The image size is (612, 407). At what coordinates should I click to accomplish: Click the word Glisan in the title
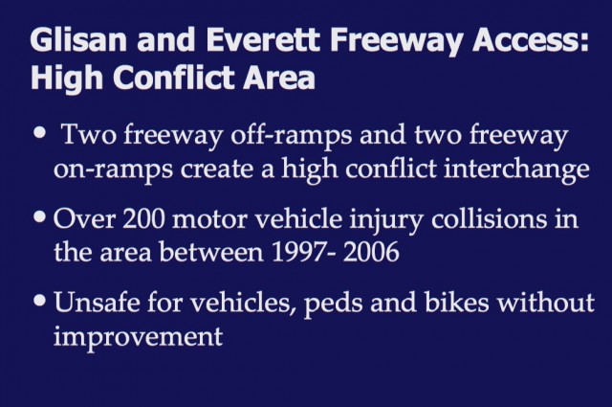tap(78, 39)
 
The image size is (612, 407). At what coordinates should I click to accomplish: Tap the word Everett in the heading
tap(263, 39)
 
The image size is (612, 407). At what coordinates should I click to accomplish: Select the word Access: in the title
tap(530, 40)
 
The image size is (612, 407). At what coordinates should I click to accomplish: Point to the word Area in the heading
tap(278, 77)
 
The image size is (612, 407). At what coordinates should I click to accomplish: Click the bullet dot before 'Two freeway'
tap(40, 132)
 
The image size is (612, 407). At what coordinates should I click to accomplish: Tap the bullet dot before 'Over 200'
tap(40, 216)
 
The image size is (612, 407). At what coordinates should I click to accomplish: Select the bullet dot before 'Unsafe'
tap(40, 301)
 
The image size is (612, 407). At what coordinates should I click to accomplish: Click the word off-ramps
tap(291, 135)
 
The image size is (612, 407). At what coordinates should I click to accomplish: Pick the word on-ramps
tap(113, 170)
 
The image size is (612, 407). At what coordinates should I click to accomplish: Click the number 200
tap(143, 219)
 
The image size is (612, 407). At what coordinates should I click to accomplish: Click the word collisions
tap(489, 218)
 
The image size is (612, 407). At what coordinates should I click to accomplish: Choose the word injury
tap(385, 220)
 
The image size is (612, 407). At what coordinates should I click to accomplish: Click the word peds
tap(333, 305)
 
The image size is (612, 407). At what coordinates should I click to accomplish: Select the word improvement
tap(138, 337)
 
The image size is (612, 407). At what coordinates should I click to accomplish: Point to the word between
tap(210, 252)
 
